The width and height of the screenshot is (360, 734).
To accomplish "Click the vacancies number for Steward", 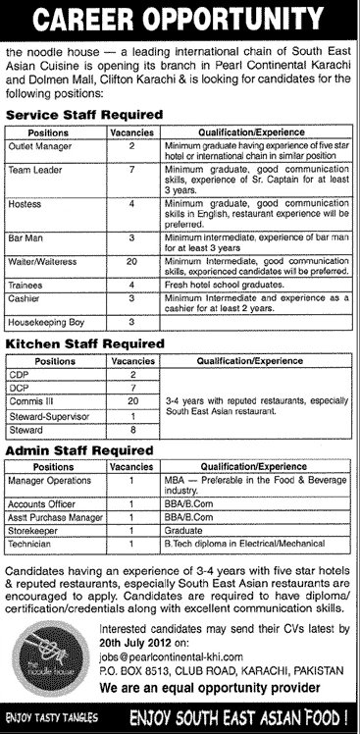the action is point(132,429).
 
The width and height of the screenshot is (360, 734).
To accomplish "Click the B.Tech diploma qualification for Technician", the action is point(231,540).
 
